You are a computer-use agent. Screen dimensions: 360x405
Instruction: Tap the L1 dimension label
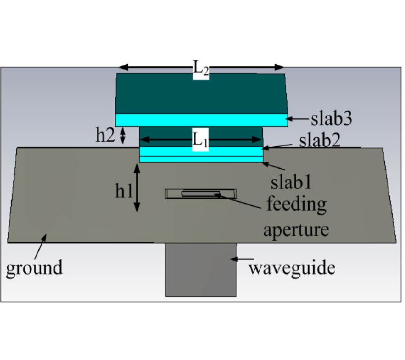[x=201, y=140]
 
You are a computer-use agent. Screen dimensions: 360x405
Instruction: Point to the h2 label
[x=105, y=135]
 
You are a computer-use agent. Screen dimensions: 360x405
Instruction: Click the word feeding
[x=296, y=205]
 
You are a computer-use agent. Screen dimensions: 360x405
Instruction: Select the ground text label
[x=34, y=268]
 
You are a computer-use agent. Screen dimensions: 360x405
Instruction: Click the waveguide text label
[x=292, y=268]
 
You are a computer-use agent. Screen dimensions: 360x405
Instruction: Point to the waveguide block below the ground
[x=201, y=270]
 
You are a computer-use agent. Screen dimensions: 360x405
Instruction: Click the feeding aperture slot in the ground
[x=201, y=194]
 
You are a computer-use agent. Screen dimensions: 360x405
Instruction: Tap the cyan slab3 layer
[x=201, y=120]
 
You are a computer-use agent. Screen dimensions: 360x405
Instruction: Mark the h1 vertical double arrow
[x=137, y=187]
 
